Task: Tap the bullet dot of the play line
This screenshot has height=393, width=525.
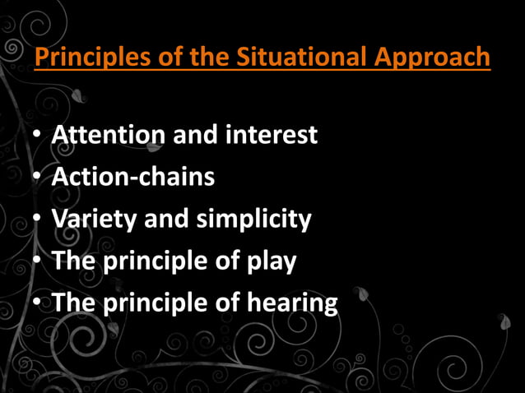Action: coord(38,262)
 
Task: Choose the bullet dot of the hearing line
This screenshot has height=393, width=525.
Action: coord(38,304)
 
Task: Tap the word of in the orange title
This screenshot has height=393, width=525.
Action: coord(160,59)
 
